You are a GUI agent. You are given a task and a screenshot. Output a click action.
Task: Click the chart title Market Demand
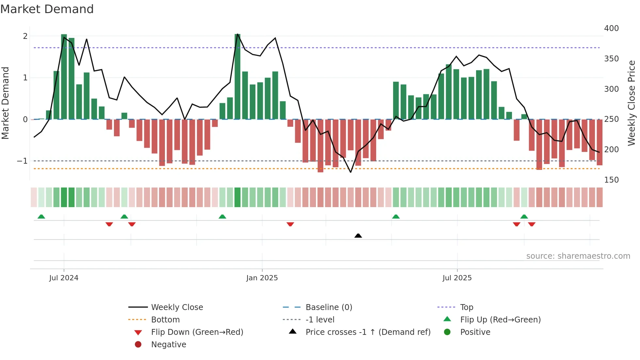(x=47, y=9)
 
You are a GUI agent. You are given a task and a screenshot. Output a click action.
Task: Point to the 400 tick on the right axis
(x=611, y=28)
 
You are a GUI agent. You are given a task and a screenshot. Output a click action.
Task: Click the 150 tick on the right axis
(x=611, y=180)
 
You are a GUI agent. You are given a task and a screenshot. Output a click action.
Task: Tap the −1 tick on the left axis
(x=22, y=161)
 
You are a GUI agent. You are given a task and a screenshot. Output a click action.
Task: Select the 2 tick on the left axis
(x=25, y=36)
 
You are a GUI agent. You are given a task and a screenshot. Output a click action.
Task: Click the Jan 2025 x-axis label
(x=262, y=278)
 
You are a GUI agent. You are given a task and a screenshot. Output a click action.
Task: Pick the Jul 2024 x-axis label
(x=64, y=278)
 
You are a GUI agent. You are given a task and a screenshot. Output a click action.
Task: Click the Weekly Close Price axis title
(x=632, y=103)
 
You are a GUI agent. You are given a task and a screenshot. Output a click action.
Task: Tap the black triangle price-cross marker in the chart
(x=358, y=236)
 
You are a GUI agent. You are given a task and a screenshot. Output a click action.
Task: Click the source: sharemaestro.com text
(x=578, y=256)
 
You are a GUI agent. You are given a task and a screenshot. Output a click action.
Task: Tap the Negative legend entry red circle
(x=138, y=345)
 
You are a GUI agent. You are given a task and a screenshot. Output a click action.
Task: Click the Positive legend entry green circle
(x=447, y=332)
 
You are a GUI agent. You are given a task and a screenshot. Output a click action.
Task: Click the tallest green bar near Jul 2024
(x=64, y=77)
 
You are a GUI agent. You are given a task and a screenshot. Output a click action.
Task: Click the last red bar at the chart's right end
(x=600, y=142)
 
